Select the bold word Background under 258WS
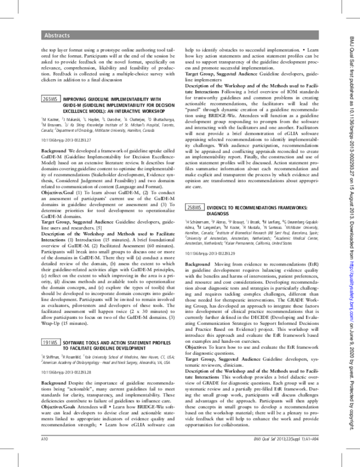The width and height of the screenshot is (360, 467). click(197, 264)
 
